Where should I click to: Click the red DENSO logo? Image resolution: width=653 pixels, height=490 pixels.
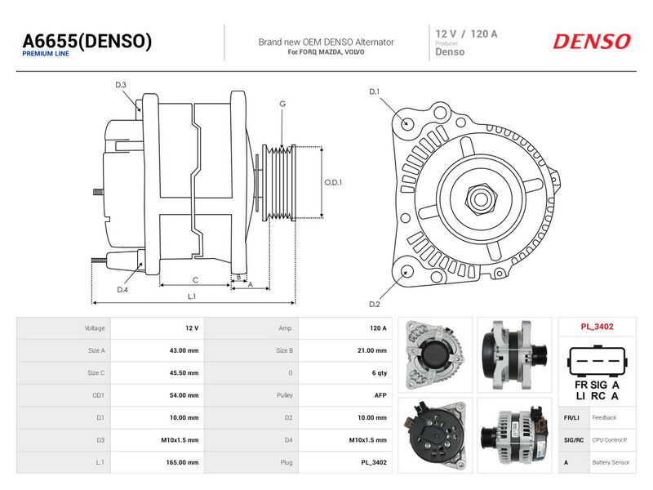[591, 42]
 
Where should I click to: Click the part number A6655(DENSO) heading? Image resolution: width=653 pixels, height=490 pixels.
[87, 42]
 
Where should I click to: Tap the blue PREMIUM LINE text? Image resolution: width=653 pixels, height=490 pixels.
[46, 54]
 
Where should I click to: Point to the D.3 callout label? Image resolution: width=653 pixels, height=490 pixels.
[121, 85]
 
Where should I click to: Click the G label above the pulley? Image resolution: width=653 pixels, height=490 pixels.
[282, 104]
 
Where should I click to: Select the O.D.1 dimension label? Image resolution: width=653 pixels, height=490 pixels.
[333, 182]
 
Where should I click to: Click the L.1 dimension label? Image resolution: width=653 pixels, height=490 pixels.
[192, 296]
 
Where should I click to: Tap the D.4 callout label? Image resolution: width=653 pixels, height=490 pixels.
[122, 290]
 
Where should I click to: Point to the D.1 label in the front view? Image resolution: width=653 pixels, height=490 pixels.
[375, 91]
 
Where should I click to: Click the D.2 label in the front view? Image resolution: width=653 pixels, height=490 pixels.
[375, 304]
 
